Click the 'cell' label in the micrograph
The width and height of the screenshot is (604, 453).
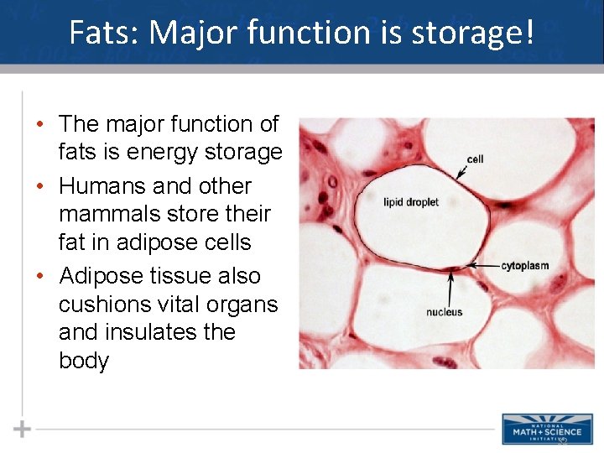476,159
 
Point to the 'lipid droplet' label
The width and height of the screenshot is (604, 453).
411,202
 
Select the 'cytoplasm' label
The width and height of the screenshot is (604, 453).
525,266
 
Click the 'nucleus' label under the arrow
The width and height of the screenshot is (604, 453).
445,312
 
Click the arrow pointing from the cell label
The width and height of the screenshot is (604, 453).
462,170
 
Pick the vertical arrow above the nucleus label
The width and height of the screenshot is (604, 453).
452,289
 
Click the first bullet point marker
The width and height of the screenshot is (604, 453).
40,124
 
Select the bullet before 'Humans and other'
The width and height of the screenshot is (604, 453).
40,186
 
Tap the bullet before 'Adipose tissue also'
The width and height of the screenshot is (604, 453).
40,277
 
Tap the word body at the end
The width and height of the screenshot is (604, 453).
84,361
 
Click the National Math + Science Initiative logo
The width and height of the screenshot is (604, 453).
542,428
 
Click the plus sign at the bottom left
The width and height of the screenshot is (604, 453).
22,429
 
